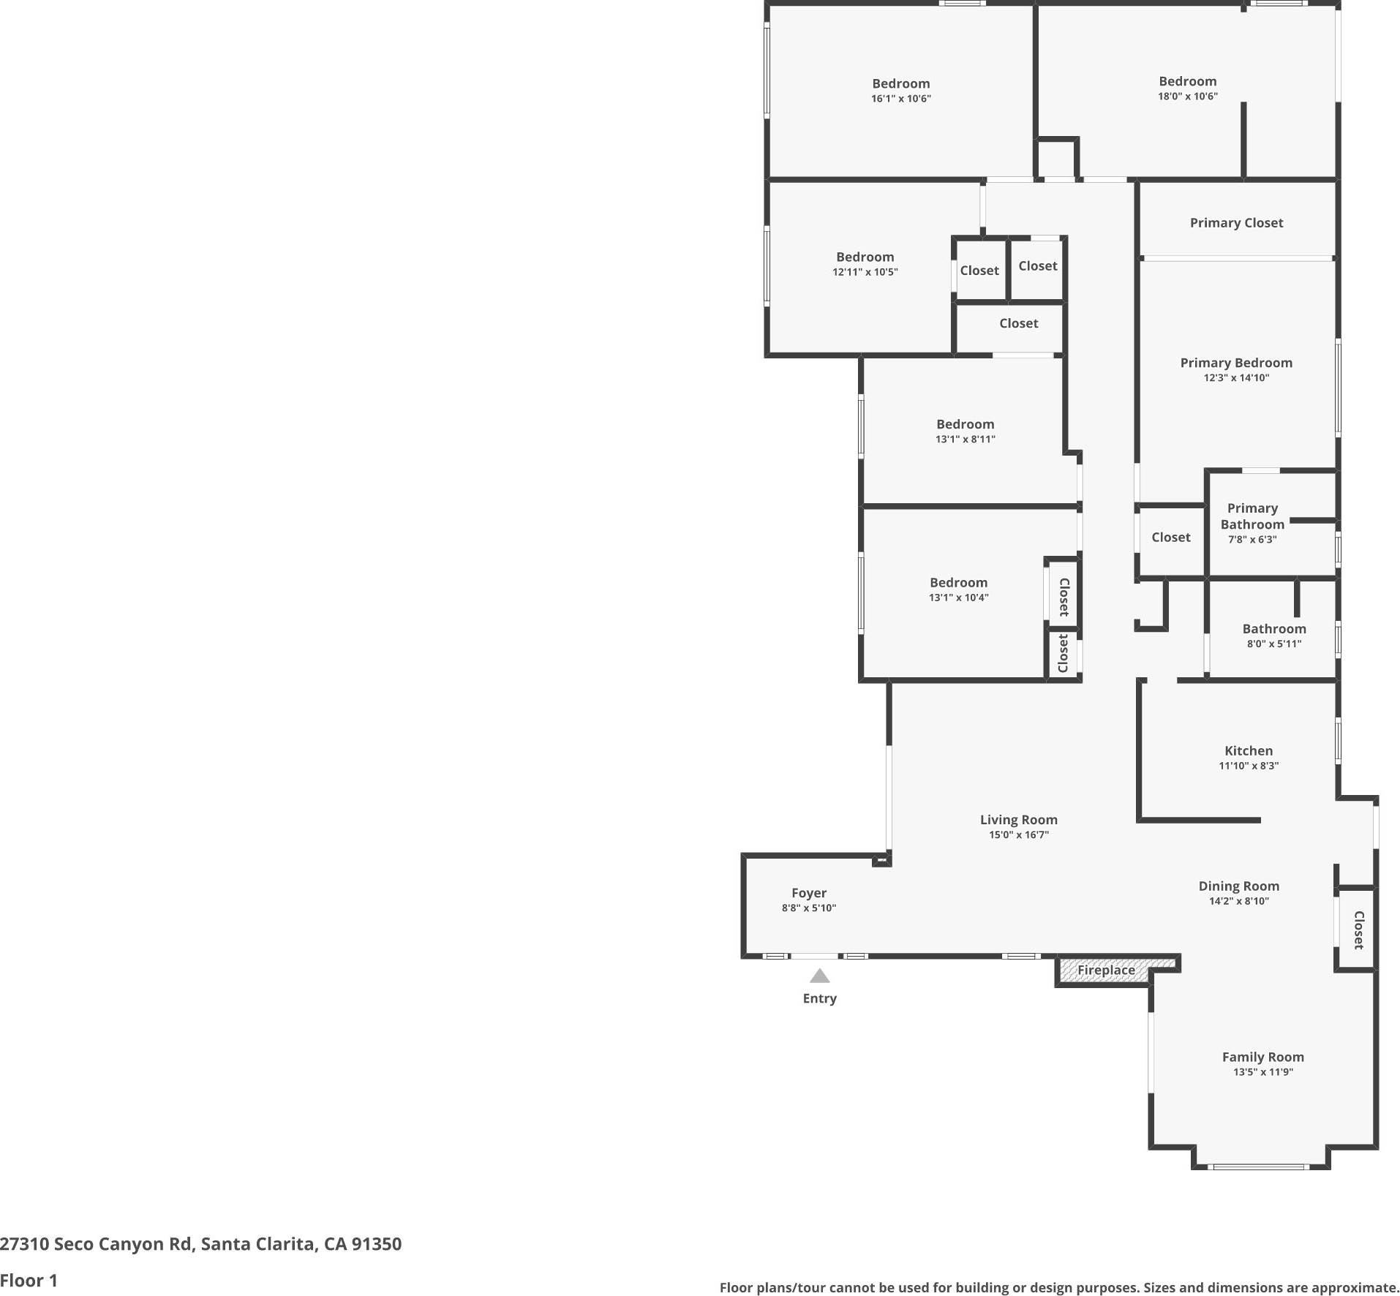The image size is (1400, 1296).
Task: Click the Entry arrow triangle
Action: (819, 976)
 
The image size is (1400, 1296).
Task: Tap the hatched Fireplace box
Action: (1106, 971)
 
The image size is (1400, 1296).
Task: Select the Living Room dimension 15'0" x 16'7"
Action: (1018, 835)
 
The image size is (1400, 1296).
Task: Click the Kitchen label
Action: (1248, 750)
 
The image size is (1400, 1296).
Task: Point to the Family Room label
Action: (1262, 1057)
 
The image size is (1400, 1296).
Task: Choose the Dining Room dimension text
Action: (1238, 901)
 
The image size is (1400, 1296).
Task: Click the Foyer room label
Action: (808, 893)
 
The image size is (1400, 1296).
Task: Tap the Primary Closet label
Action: (1235, 223)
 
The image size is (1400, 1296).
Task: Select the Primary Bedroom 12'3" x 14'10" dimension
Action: (1235, 378)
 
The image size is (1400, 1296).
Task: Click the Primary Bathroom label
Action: (1252, 516)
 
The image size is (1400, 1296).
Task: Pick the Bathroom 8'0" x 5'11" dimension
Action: (1273, 644)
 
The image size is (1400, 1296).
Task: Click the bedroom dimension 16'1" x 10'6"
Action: (900, 99)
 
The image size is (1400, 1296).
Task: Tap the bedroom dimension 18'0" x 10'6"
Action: (1187, 97)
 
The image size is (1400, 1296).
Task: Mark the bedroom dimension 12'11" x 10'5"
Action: (865, 272)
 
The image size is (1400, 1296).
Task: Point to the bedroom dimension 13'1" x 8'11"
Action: (965, 440)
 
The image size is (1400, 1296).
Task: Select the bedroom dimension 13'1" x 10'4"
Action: (958, 598)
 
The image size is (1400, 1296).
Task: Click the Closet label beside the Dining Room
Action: (1358, 930)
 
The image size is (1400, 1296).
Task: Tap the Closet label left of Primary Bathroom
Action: (1170, 538)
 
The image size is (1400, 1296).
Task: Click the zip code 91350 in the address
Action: (376, 1244)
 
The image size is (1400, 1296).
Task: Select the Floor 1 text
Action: (29, 1281)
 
